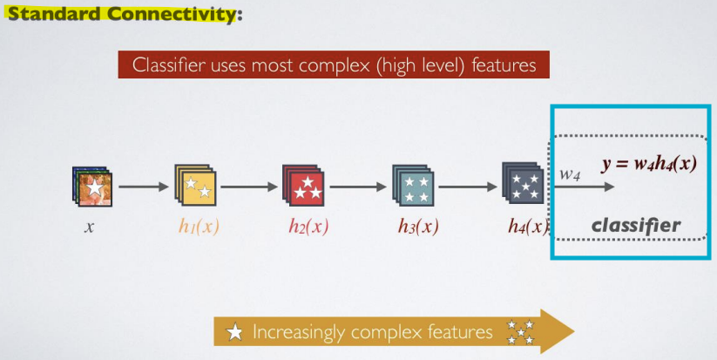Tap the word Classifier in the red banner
[x=169, y=65]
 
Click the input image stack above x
[x=91, y=186]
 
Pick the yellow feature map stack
[x=195, y=185]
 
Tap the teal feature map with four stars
[x=413, y=185]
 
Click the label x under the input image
[x=89, y=228]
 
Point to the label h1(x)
[x=198, y=227]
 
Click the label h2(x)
[x=308, y=227]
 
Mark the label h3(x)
[x=418, y=227]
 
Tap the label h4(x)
[x=529, y=227]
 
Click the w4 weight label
[x=570, y=174]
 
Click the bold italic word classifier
[x=636, y=226]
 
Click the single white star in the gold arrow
[x=234, y=332]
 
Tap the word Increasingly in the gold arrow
[x=299, y=333]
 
